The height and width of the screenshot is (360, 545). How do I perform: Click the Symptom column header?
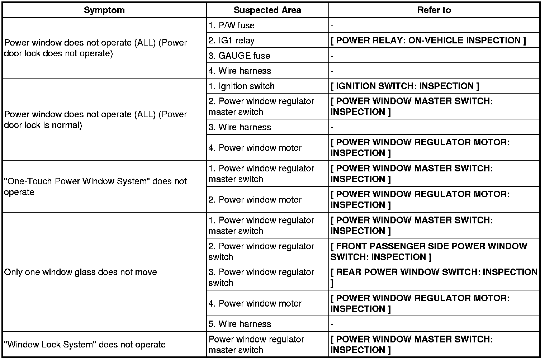pyautogui.click(x=104, y=10)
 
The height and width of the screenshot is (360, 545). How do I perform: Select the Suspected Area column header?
pyautogui.click(x=267, y=10)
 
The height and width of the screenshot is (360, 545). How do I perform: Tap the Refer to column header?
pyautogui.click(x=434, y=10)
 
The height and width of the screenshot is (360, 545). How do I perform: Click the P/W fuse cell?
pyautogui.click(x=232, y=25)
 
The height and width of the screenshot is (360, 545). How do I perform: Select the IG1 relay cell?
pyautogui.click(x=232, y=41)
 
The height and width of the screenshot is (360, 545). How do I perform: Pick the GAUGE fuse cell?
pyautogui.click(x=240, y=56)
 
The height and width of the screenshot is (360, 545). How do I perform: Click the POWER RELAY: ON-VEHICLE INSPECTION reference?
pyautogui.click(x=428, y=41)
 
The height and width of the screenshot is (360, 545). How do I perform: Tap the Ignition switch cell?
pyautogui.click(x=242, y=86)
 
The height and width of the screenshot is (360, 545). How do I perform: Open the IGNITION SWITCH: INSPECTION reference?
pyautogui.click(x=404, y=86)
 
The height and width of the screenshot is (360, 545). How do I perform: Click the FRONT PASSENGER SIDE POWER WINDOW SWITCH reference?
pyautogui.click(x=428, y=251)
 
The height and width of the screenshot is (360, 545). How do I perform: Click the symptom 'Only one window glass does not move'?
pyautogui.click(x=81, y=272)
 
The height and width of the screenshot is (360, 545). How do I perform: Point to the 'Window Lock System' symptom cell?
pyautogui.click(x=85, y=345)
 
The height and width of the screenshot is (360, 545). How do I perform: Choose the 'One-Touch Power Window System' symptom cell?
pyautogui.click(x=95, y=186)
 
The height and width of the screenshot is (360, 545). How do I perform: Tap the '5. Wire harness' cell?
pyautogui.click(x=240, y=324)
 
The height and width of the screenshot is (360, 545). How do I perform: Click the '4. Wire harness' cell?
pyautogui.click(x=240, y=71)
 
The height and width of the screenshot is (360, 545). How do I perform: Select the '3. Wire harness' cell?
pyautogui.click(x=240, y=127)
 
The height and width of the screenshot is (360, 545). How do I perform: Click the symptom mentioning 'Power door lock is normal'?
pyautogui.click(x=95, y=120)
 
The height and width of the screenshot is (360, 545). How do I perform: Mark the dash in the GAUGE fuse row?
pyautogui.click(x=332, y=56)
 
